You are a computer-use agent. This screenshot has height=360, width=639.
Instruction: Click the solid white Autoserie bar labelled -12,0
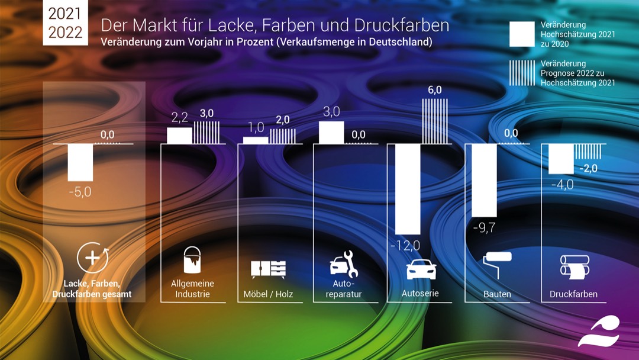pyautogui.click(x=408, y=189)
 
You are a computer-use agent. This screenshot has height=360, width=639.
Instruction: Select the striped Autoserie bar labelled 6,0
pyautogui.click(x=434, y=121)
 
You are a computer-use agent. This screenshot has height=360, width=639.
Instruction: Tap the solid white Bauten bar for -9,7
pyautogui.click(x=484, y=180)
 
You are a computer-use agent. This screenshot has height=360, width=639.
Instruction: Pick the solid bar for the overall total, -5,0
pyautogui.click(x=80, y=162)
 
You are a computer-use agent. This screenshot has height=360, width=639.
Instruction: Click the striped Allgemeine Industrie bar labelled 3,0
pyautogui.click(x=206, y=132)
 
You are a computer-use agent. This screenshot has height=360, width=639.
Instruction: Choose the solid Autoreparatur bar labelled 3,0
pyautogui.click(x=331, y=132)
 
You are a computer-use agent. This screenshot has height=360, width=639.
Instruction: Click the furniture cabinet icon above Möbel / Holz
pyautogui.click(x=268, y=269)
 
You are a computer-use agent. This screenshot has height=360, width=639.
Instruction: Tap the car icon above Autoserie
pyautogui.click(x=421, y=269)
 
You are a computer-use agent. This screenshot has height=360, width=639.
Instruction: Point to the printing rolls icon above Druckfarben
pyautogui.click(x=574, y=266)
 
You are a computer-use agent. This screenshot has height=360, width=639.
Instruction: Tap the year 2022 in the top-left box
pyautogui.click(x=66, y=33)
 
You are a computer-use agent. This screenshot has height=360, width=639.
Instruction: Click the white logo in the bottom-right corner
pyautogui.click(x=599, y=332)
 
